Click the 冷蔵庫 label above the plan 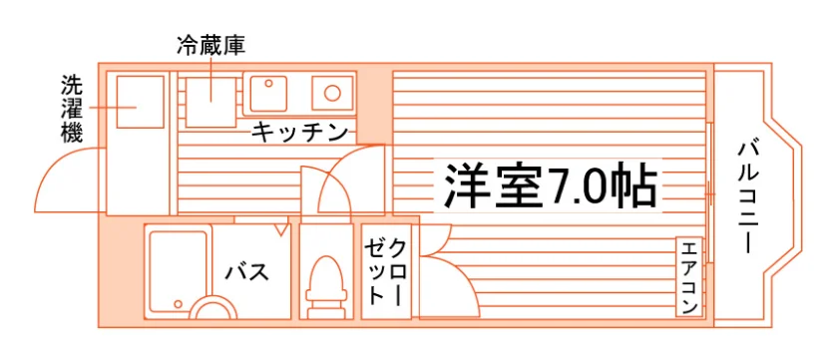[211, 47]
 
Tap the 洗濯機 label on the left [72, 109]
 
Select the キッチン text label [299, 132]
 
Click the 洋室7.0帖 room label [550, 184]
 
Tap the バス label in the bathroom [246, 272]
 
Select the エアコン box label [689, 277]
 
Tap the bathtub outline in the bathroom [178, 272]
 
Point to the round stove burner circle [332, 93]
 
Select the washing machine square [140, 102]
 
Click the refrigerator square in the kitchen [210, 102]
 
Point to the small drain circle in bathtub [178, 303]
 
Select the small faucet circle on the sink [268, 84]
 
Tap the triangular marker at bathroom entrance [281, 229]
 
